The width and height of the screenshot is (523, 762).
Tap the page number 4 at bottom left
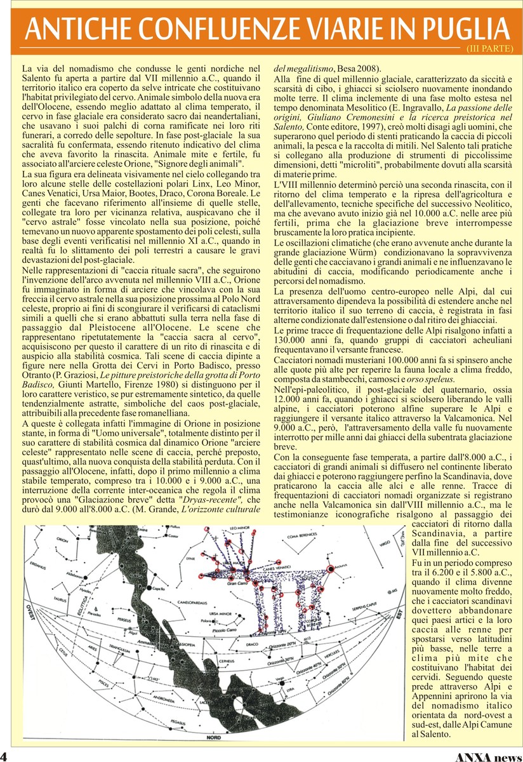(x=4, y=756)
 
